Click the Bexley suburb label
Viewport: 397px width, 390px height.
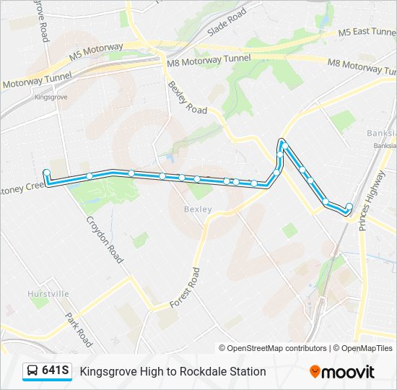tap(198, 209)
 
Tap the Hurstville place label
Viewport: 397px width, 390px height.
tap(48, 294)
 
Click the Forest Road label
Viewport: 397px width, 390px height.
tap(185, 287)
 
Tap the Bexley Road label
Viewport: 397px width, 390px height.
tap(188, 97)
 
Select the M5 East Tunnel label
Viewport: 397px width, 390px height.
tap(368, 32)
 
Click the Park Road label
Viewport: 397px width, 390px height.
tap(79, 329)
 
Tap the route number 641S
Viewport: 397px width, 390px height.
tap(56, 370)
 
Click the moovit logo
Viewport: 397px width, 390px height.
tap(342, 372)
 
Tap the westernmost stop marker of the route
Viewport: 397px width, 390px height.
tap(46, 173)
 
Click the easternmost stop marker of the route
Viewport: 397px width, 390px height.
tap(349, 207)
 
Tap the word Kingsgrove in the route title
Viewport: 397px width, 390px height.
tap(107, 371)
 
